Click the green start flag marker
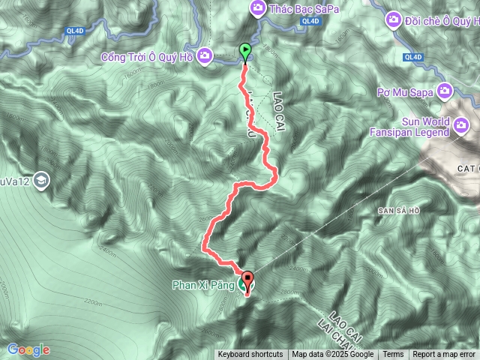(245, 52)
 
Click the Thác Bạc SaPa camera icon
(258, 7)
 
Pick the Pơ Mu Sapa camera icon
(445, 91)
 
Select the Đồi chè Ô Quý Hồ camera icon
(394, 18)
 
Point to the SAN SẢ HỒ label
(398, 211)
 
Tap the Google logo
(28, 349)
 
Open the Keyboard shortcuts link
(250, 355)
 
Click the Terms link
(393, 355)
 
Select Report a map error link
(444, 355)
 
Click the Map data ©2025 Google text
(333, 355)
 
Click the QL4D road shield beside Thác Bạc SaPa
(310, 22)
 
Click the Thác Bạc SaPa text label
(294, 7)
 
